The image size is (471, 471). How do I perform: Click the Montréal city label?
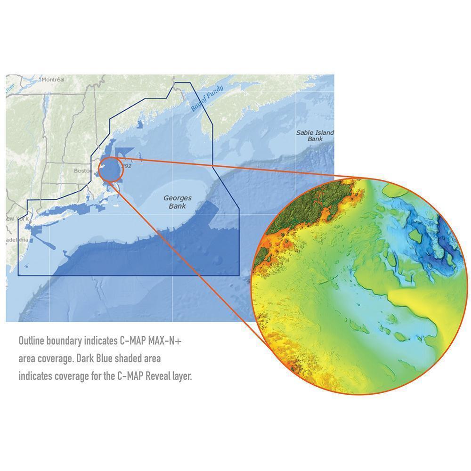point(53,80)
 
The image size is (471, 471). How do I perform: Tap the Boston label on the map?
point(82,171)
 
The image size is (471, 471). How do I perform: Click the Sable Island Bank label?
point(315,136)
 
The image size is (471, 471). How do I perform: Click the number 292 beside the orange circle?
point(126,166)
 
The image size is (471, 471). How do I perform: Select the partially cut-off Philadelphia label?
point(17,240)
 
